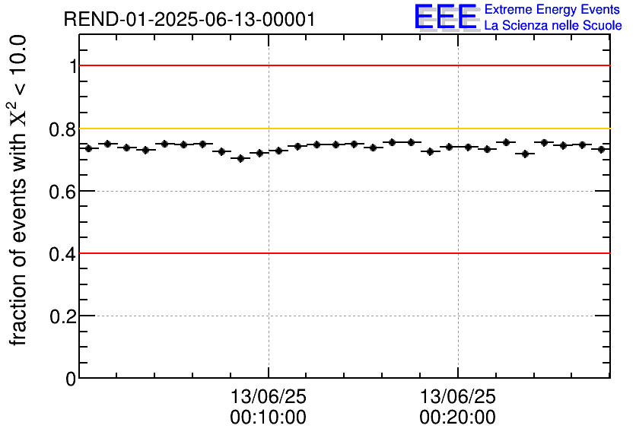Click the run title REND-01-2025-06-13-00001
point(189,20)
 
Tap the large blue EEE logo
point(446,17)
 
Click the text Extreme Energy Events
point(552,10)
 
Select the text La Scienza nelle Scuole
point(553,26)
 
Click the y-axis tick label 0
point(71,379)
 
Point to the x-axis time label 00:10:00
point(268,418)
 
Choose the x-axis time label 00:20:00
point(457,418)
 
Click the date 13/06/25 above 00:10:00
point(268,397)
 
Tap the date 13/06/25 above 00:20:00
point(457,397)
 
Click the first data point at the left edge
point(88,148)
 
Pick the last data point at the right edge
point(601,149)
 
